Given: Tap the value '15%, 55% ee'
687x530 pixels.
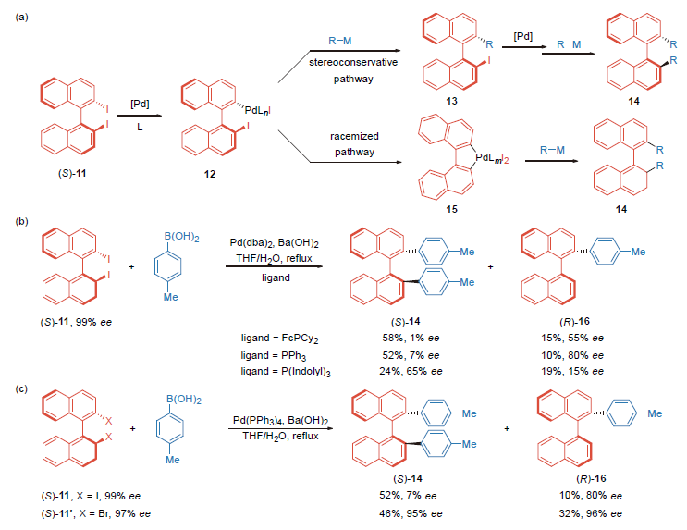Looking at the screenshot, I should [x=573, y=339].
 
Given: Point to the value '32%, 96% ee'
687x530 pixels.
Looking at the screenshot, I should [x=574, y=512].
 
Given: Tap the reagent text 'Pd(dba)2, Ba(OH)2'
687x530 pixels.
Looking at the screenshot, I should [x=276, y=241].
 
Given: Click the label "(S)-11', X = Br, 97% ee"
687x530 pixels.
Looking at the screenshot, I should [x=89, y=512].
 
